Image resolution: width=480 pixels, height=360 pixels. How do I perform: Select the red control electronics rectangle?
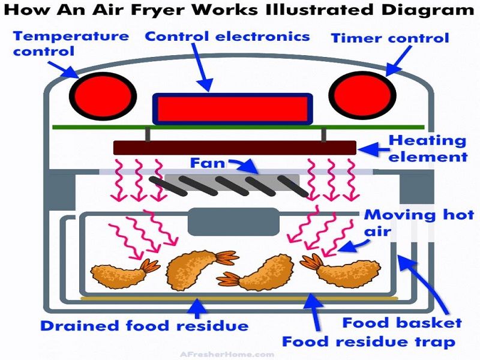pyautogui.click(x=232, y=109)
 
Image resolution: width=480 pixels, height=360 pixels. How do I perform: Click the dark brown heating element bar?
pyautogui.click(x=234, y=148)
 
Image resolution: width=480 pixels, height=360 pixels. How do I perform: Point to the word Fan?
pyautogui.click(x=208, y=163)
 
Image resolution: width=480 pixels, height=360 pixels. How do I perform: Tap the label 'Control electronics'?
pyautogui.click(x=227, y=36)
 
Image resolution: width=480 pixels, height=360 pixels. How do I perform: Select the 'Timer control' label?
pyautogui.click(x=390, y=38)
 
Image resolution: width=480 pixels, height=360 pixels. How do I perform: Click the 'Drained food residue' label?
pyautogui.click(x=144, y=326)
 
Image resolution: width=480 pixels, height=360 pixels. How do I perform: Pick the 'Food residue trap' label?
pyautogui.click(x=368, y=343)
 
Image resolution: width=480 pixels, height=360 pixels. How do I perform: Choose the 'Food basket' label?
pyautogui.click(x=402, y=323)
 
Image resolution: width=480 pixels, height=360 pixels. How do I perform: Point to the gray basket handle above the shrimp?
pyautogui.click(x=233, y=221)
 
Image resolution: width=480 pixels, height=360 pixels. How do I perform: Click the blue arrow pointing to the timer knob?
pyautogui.click(x=397, y=60)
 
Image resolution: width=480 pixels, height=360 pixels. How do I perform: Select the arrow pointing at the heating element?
pyautogui.click(x=376, y=147)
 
